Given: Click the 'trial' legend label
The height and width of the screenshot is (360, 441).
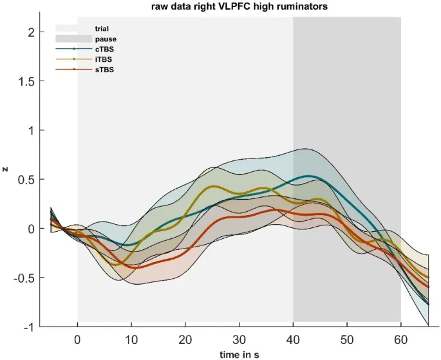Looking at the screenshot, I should pyautogui.click(x=102, y=28).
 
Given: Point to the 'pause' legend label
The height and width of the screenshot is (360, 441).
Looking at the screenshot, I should pyautogui.click(x=104, y=39).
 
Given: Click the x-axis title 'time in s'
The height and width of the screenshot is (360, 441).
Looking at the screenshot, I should pyautogui.click(x=240, y=354).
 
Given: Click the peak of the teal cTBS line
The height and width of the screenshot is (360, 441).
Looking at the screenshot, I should pyautogui.click(x=310, y=176).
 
